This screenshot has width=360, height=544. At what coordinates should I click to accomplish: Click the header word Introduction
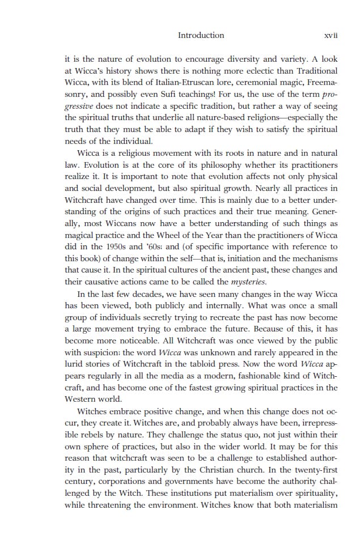point(201,35)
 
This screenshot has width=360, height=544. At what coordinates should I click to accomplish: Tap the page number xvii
point(331,35)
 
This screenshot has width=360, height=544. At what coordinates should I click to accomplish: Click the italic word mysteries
point(249,282)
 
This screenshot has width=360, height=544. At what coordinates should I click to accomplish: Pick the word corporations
point(120,482)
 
